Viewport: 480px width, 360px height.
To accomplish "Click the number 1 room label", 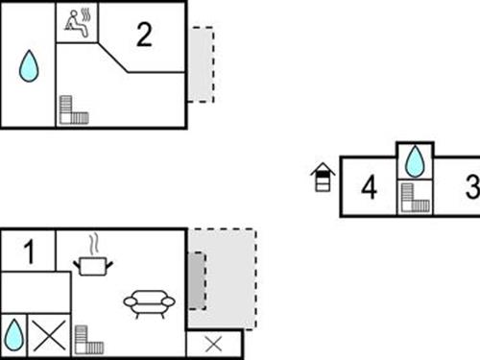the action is coord(29,253).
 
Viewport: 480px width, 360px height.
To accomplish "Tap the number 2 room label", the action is coord(144,36).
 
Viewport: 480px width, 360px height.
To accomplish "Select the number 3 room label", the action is coord(471,186).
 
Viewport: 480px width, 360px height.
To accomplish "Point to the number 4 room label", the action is coord(369,187).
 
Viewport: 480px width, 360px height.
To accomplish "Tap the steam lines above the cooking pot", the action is coord(93,242).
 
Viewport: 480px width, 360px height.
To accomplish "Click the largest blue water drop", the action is coord(31,67).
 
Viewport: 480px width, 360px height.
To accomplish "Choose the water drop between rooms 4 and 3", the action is coord(415,161).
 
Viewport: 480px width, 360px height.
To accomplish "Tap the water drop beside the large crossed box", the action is coord(13,335).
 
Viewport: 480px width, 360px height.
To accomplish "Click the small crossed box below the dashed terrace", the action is coord(214,344).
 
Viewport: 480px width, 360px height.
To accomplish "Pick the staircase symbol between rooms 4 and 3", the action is coord(415,199).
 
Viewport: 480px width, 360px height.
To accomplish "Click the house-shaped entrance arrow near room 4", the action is coord(323,177).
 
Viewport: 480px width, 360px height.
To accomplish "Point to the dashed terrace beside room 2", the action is coord(200,64).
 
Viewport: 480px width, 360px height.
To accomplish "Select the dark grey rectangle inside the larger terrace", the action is coord(196,280).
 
